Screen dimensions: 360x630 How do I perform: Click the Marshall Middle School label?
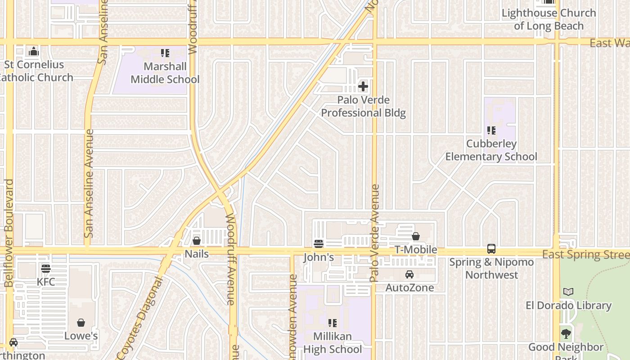click(x=165, y=73)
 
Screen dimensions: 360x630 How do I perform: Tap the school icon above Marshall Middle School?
click(x=165, y=53)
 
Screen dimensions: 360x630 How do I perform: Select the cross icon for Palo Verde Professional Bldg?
click(x=363, y=86)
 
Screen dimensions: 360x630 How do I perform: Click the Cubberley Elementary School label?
click(x=491, y=150)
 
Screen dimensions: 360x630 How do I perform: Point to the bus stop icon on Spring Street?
click(x=491, y=249)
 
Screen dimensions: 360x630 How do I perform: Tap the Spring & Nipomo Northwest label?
click(x=491, y=268)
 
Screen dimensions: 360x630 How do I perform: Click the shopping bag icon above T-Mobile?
click(x=416, y=236)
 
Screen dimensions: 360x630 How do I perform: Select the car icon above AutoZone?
click(x=409, y=274)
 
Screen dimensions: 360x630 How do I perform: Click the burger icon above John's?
click(x=319, y=244)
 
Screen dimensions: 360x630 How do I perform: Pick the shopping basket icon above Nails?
click(x=197, y=241)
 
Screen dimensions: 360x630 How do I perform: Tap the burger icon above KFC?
click(x=46, y=269)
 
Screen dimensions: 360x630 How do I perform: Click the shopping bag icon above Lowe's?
click(x=81, y=323)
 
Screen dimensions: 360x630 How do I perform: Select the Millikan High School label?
click(x=332, y=343)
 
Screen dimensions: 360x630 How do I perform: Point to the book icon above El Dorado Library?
click(x=568, y=292)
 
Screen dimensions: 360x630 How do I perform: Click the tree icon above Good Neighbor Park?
click(x=566, y=334)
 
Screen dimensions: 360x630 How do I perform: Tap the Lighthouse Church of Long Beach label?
click(x=549, y=19)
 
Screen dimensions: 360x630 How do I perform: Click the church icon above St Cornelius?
click(x=34, y=52)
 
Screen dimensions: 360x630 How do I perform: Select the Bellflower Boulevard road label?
click(x=9, y=233)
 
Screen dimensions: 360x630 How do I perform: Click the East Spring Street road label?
click(x=585, y=255)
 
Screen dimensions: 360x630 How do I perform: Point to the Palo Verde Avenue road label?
click(x=375, y=233)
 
